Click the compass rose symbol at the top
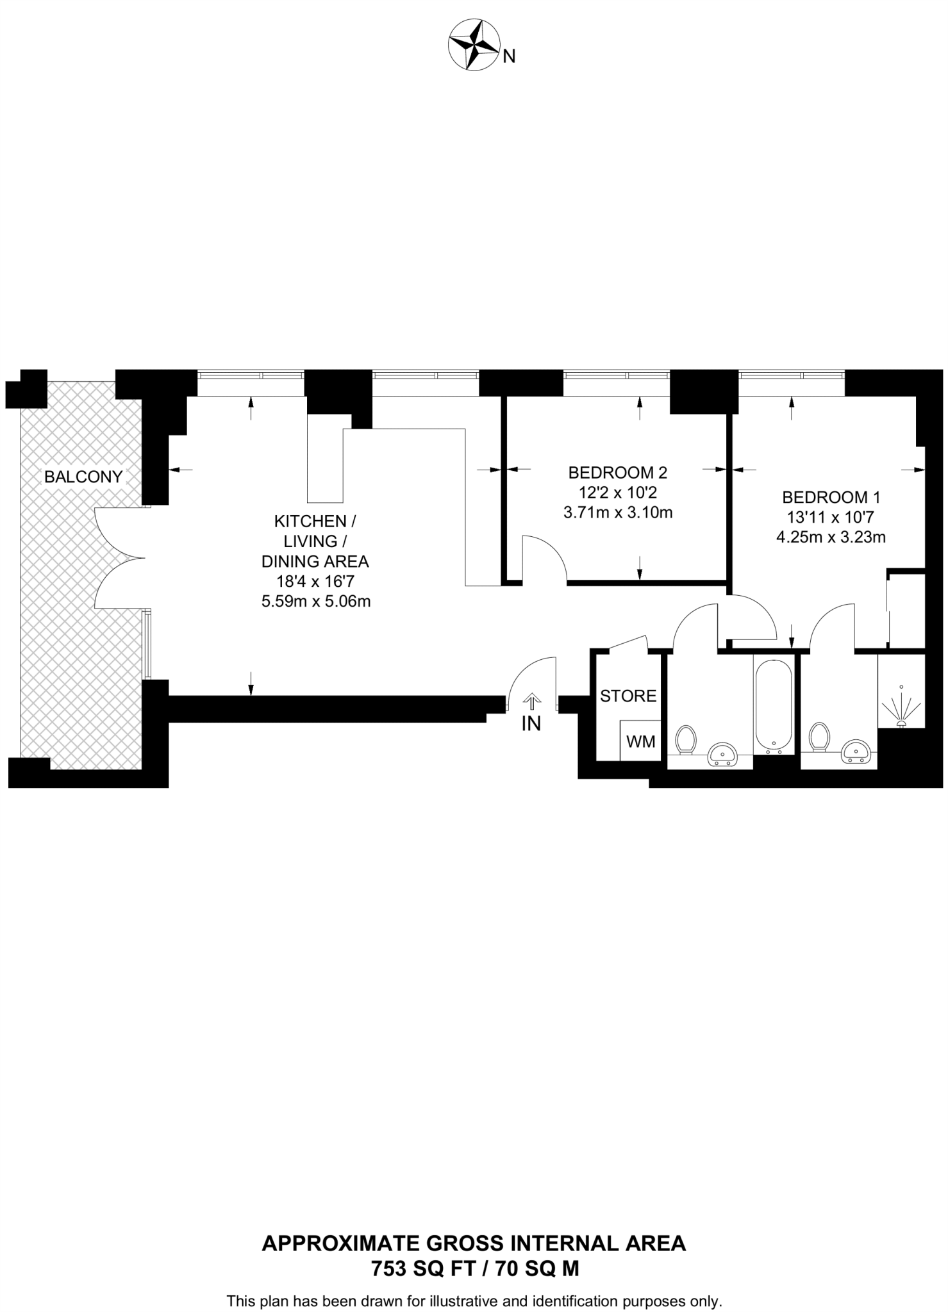474,45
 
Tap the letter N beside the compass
509,57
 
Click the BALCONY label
83,477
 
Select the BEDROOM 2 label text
617,473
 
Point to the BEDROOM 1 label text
831,497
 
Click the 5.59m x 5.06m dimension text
315,602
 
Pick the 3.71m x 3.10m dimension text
617,512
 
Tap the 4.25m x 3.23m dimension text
831,537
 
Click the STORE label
628,696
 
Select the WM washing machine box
640,741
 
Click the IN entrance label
531,723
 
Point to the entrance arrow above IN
531,701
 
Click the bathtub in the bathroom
774,705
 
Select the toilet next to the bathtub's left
686,740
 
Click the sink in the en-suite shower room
856,751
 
